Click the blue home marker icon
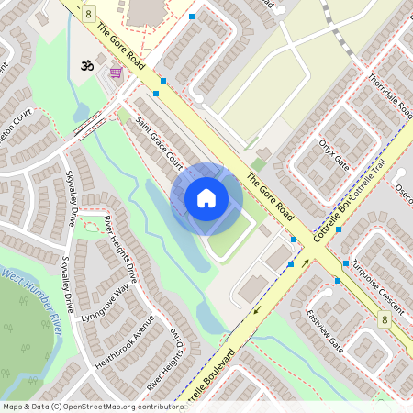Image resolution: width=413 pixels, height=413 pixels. tap(206, 198)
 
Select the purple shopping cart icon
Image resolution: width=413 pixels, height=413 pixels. tap(116, 73)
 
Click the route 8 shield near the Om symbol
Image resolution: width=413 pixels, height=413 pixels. tap(88, 14)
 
